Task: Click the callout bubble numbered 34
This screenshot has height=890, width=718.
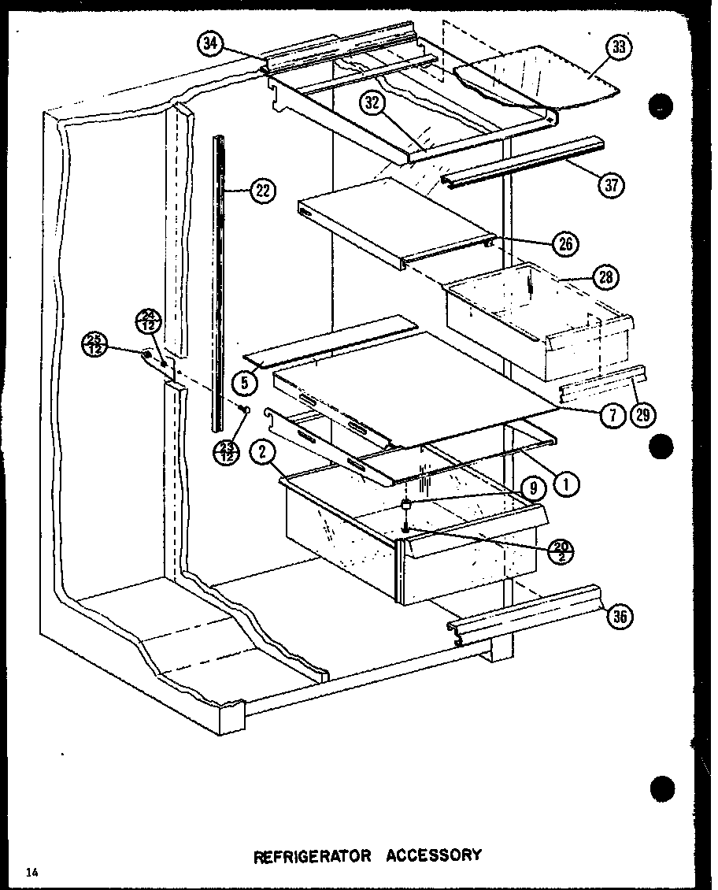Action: [x=209, y=45]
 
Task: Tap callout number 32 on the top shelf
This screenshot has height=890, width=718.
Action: [x=373, y=102]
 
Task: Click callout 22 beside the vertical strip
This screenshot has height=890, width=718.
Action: [x=261, y=189]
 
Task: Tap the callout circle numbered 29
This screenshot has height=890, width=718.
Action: [x=646, y=414]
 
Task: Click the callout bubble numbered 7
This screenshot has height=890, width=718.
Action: [x=613, y=415]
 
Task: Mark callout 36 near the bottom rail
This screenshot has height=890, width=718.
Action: [x=620, y=617]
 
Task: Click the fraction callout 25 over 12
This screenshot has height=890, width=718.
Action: [x=94, y=346]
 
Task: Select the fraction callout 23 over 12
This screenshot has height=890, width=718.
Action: [x=228, y=453]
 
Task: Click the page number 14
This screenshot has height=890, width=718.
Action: [x=31, y=872]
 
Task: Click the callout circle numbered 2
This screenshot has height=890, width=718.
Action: [x=261, y=453]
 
